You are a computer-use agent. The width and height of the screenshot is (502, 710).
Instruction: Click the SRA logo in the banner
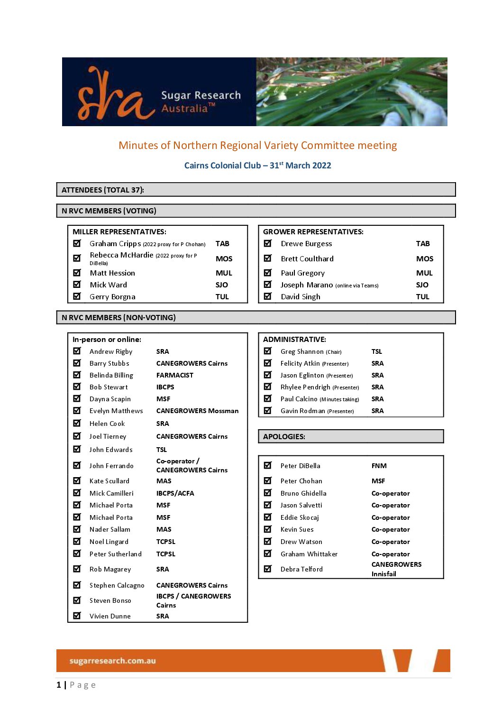click(116, 95)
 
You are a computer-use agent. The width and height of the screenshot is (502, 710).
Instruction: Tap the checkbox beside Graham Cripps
click(77, 243)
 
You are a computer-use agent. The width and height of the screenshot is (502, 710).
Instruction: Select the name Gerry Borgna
click(112, 297)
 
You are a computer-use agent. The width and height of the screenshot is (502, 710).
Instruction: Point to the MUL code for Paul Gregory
click(424, 273)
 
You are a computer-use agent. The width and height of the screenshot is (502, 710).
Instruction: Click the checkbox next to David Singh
click(268, 296)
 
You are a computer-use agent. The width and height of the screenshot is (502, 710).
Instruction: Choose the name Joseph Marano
click(307, 285)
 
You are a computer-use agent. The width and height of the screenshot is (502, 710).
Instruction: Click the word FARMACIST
click(174, 375)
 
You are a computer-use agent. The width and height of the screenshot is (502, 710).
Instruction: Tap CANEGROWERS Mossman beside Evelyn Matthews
click(197, 411)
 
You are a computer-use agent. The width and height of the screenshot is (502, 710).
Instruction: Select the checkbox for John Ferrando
click(77, 465)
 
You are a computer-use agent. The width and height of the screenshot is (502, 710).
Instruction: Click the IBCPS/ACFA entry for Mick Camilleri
click(175, 493)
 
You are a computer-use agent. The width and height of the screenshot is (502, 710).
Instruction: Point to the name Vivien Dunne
click(110, 616)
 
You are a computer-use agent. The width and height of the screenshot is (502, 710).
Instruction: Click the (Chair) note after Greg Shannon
click(334, 352)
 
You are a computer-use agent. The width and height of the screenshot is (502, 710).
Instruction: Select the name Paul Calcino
click(299, 399)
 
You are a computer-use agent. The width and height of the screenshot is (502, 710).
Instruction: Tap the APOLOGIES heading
click(284, 436)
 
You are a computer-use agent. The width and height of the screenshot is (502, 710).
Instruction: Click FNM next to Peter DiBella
click(379, 466)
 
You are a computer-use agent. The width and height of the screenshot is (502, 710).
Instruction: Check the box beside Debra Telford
click(268, 569)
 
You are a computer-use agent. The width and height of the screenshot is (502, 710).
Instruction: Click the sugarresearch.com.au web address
click(112, 661)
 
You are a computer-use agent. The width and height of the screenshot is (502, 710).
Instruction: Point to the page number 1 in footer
click(59, 685)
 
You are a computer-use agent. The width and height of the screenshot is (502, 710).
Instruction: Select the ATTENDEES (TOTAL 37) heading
click(103, 190)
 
